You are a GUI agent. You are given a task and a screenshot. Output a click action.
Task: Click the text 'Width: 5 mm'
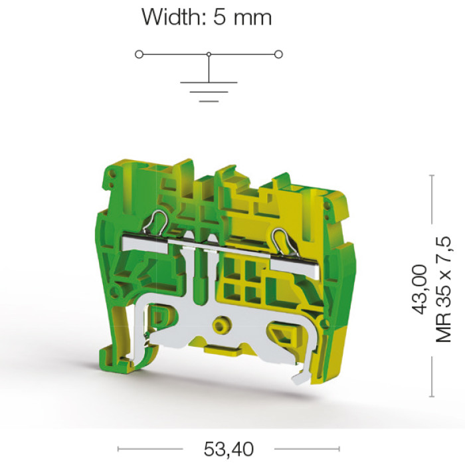[207, 17]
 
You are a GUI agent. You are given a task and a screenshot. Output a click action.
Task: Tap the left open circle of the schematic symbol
[139, 54]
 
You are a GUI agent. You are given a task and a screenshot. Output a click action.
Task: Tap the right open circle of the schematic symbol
[278, 54]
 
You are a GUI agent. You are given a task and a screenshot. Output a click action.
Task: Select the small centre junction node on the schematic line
[209, 54]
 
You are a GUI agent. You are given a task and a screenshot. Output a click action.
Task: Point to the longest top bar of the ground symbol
[209, 82]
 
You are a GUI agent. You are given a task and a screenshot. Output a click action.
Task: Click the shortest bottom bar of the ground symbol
[209, 101]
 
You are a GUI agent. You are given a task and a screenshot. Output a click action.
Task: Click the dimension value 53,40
[229, 449]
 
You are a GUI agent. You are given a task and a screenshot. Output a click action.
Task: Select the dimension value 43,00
[420, 289]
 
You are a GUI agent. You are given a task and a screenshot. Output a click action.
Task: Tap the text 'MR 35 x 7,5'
[443, 290]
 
